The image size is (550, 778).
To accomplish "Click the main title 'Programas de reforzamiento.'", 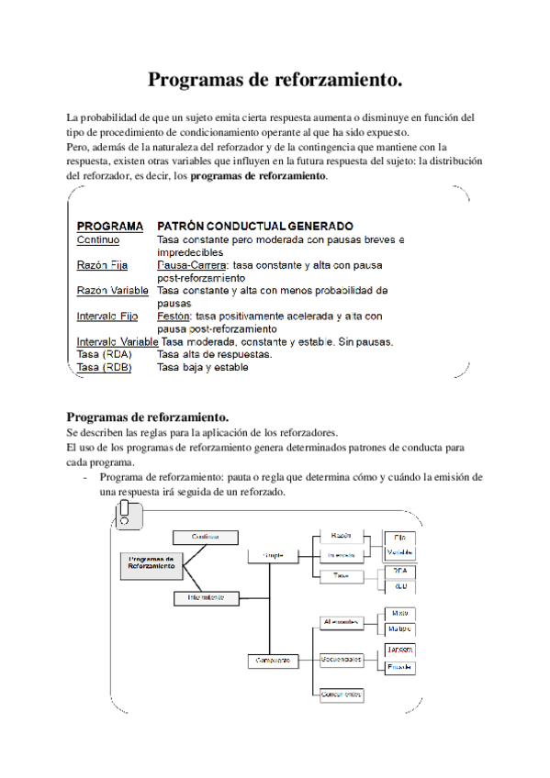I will point(275,80).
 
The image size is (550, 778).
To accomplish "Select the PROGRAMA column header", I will point(109,226).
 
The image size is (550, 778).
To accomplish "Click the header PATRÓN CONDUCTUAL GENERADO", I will point(255,226).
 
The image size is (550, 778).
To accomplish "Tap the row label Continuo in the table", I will point(98,239).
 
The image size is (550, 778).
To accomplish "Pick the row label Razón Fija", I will point(102,265).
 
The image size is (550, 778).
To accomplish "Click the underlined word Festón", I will point(174,317).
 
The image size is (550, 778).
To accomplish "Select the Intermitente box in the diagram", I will point(206,597).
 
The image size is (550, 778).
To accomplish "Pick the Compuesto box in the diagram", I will point(274,660).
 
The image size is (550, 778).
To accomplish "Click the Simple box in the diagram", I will point(274,555).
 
